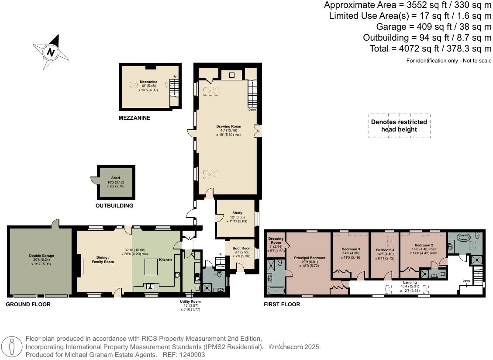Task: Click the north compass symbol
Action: click(51, 52)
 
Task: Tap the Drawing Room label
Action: click(229, 127)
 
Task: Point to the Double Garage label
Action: click(41, 256)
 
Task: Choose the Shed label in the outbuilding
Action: click(115, 178)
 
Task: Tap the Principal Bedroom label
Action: click(309, 258)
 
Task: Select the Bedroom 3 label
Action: click(350, 249)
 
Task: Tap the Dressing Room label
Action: click(276, 241)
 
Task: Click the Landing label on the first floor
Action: click(410, 282)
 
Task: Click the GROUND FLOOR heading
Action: click(28, 305)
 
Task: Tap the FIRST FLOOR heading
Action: click(282, 305)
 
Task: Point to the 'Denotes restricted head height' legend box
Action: click(399, 126)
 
